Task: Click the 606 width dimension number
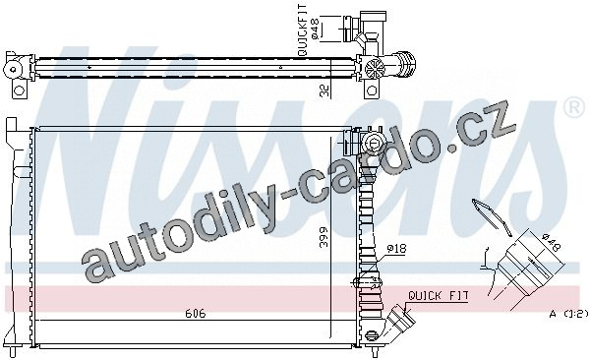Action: [x=196, y=314]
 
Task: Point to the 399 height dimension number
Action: [x=324, y=237]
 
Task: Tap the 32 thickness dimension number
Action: [x=324, y=90]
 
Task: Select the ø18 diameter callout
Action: [x=397, y=249]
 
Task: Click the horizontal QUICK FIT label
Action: [x=439, y=296]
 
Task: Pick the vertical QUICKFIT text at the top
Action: [x=303, y=30]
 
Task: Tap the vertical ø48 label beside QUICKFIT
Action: [x=315, y=29]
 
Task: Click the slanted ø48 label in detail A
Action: [x=552, y=243]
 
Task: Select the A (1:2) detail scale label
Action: [x=568, y=314]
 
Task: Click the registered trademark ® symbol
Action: [x=573, y=107]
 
